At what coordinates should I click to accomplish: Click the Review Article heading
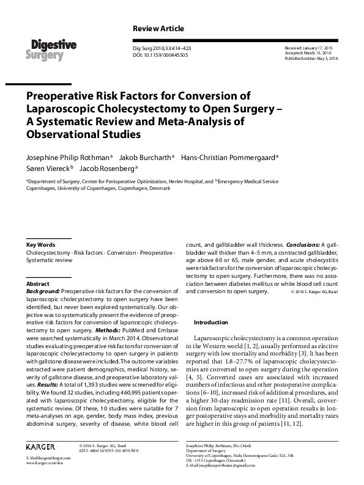pos(158,29)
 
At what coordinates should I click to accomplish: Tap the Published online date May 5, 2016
pos(311,58)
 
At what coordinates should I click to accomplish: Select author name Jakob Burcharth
pos(146,157)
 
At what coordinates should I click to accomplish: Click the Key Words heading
pos(40,244)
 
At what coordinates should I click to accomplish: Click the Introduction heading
pos(210,322)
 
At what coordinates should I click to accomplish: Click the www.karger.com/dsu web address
pos(48,463)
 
